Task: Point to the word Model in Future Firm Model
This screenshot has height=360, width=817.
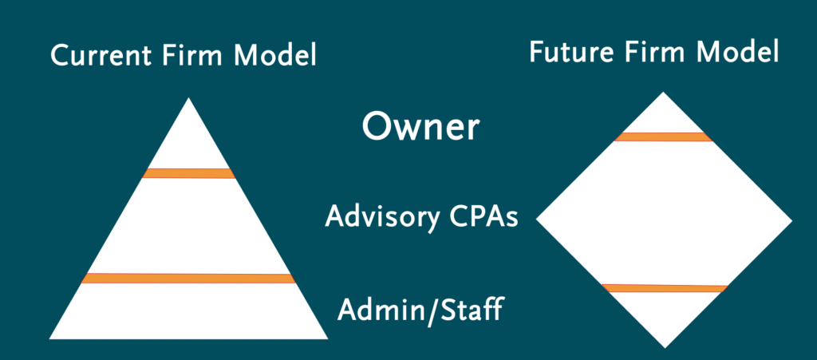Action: coord(736,53)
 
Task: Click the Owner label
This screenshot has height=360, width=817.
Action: coord(420,128)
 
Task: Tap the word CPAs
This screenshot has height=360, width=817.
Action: coord(480,216)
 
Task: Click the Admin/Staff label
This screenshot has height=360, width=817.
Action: coord(420,308)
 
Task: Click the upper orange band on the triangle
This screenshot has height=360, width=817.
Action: coord(188,173)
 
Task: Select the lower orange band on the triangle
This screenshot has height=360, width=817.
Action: coord(188,278)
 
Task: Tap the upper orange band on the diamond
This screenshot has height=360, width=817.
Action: coord(663,136)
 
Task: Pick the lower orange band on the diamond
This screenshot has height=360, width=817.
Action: coord(664,287)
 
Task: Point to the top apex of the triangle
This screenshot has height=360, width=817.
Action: coord(188,100)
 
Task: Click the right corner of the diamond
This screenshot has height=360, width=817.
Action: coord(790,220)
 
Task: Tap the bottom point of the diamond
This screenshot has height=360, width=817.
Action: coord(664,346)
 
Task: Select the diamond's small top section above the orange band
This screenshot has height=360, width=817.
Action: coord(663,116)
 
